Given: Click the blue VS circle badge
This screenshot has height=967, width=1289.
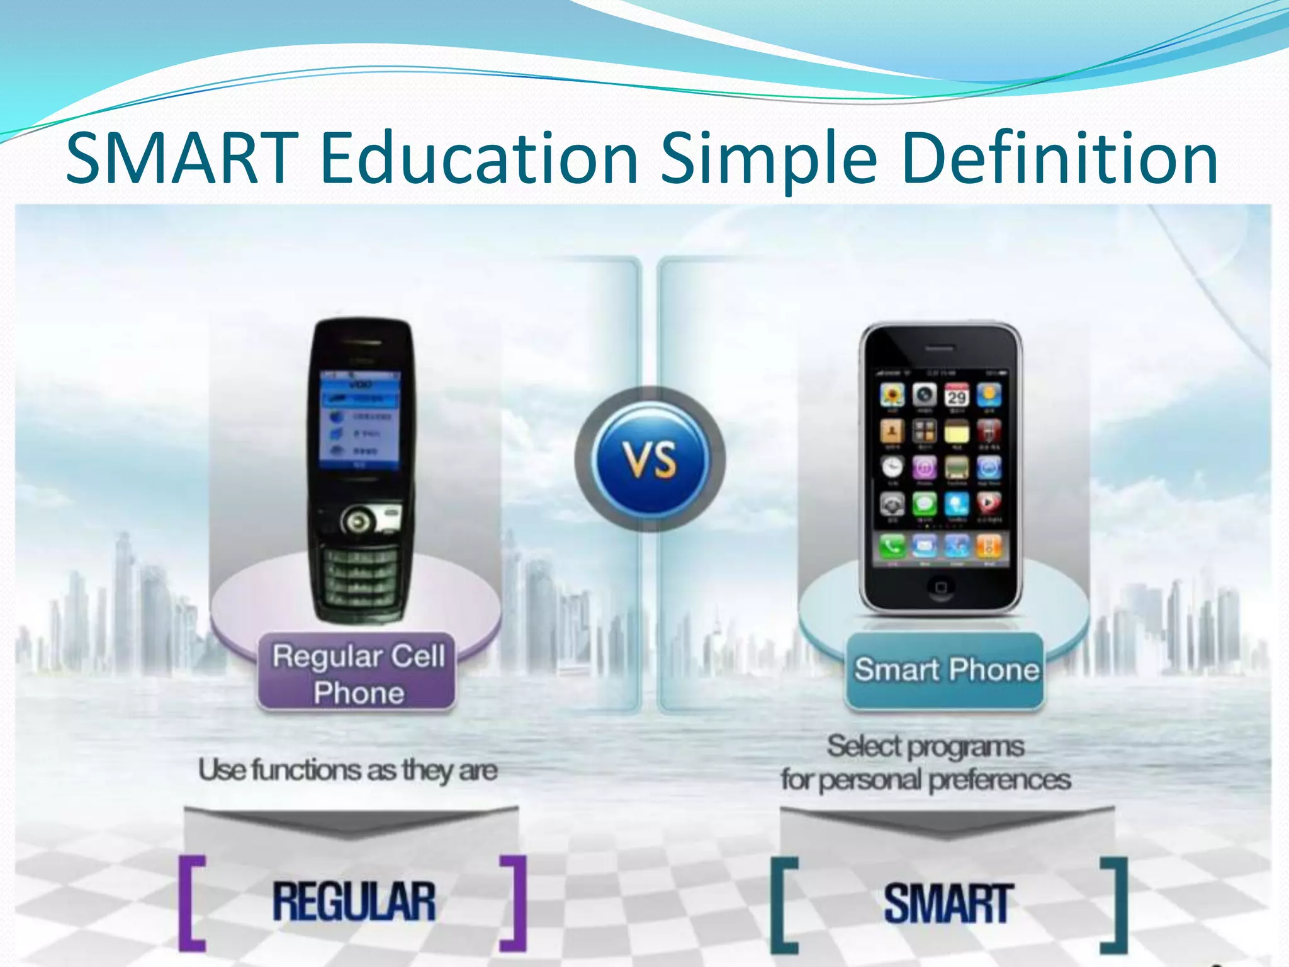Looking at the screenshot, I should point(650,460).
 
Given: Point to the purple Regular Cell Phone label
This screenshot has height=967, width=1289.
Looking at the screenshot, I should point(357,673).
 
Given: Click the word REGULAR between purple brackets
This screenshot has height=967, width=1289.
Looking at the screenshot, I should point(354,902).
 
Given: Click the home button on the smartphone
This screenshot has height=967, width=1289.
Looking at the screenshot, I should point(940,587).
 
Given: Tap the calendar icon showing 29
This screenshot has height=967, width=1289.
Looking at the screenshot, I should point(957,395).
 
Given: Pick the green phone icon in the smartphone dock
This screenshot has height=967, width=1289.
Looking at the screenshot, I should point(892,546).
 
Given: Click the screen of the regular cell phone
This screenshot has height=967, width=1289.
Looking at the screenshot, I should point(359,419).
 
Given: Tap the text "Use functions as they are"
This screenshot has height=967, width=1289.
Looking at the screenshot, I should point(348,770).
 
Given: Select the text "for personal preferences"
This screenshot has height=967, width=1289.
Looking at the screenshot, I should point(926,780).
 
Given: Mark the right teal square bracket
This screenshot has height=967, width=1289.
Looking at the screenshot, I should point(1115,905).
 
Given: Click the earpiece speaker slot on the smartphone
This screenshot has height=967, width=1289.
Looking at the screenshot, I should point(940,348).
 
